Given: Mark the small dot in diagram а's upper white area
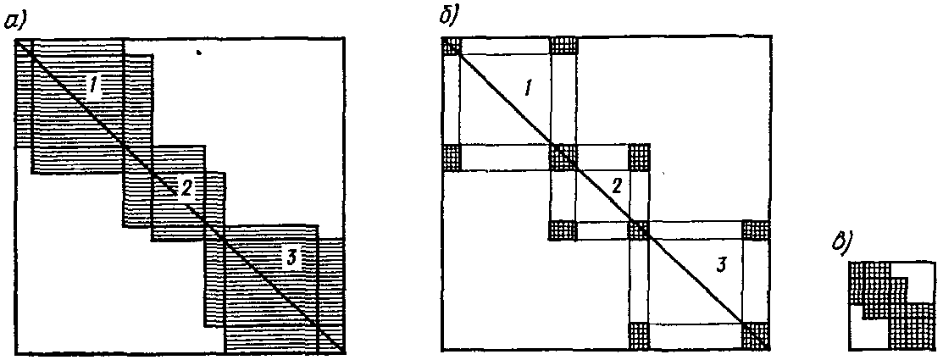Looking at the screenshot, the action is point(197,53).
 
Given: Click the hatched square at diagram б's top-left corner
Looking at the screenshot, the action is point(452,47).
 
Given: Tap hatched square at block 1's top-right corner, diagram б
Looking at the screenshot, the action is point(563,47).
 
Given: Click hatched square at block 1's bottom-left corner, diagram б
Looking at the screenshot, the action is point(452,157).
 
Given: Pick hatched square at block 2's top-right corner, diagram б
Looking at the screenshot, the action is point(640,157).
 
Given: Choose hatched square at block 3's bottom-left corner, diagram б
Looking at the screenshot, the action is point(640,336).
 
